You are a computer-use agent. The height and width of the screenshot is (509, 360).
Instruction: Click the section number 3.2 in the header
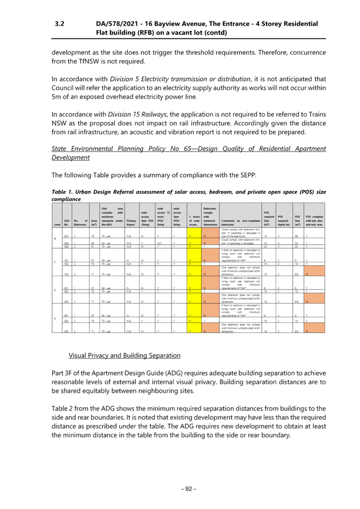point(60,24)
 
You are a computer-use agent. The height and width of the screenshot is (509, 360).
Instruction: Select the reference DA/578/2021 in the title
point(118,24)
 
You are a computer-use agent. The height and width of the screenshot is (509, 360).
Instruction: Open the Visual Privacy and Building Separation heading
point(124,355)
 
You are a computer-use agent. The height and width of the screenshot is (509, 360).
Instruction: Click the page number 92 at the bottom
point(188,489)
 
